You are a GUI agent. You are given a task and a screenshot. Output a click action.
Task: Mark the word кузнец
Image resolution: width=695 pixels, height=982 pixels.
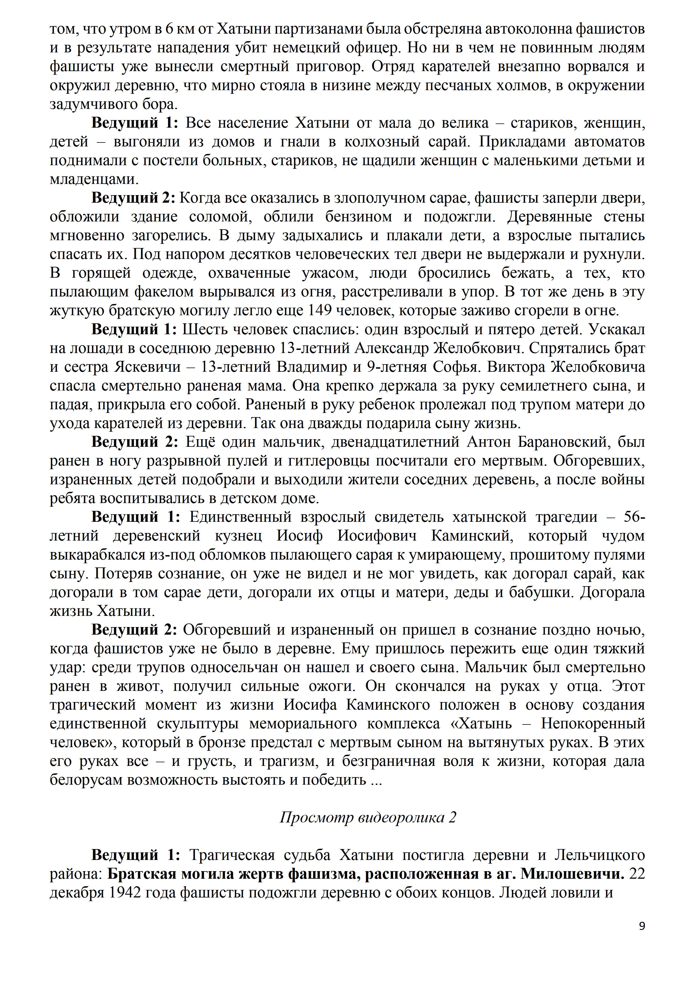238,536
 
